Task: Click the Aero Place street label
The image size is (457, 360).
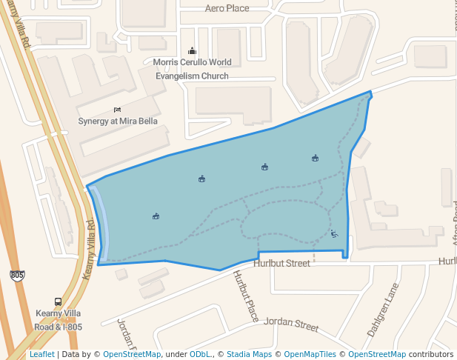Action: [x=227, y=8]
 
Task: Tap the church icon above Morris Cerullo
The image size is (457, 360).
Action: [x=192, y=51]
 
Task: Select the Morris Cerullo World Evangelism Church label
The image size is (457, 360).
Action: [x=192, y=69]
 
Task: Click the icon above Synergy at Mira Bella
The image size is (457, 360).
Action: [x=117, y=110]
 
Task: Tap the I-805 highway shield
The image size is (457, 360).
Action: [x=17, y=276]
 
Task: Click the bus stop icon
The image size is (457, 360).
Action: [x=58, y=302]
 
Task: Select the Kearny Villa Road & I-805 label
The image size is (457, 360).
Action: [x=58, y=321]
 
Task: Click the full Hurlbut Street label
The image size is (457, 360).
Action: [x=281, y=264]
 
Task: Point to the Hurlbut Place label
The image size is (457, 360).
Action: [x=244, y=296]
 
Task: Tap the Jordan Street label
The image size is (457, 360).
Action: [x=291, y=324]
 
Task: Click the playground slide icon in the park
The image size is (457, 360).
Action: [x=334, y=234]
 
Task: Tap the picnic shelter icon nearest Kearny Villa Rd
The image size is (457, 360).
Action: [x=156, y=216]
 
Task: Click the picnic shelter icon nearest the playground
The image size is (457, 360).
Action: [x=315, y=158]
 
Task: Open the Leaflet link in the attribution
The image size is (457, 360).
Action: [x=41, y=355]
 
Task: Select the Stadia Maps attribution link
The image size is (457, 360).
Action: [x=249, y=355]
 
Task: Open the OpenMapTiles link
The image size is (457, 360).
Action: [x=310, y=355]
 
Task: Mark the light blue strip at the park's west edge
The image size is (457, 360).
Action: [x=103, y=222]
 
